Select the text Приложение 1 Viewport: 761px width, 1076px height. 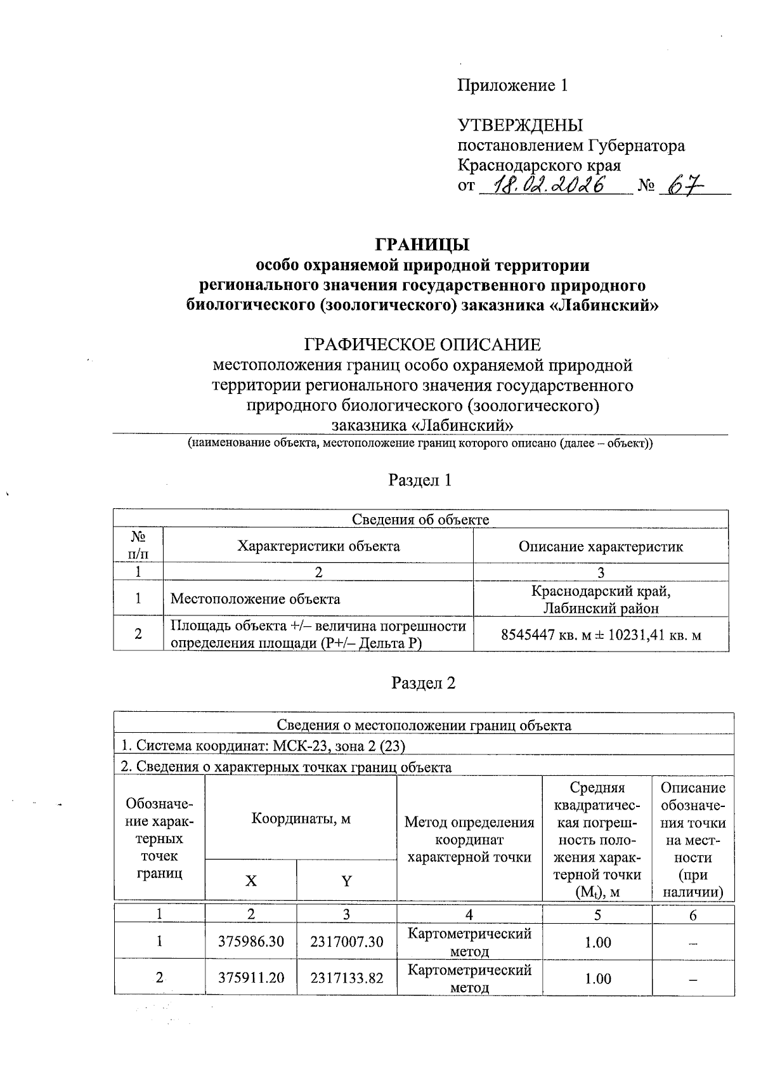[x=512, y=85]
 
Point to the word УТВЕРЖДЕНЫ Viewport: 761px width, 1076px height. [x=520, y=125]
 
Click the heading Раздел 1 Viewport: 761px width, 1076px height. [x=420, y=480]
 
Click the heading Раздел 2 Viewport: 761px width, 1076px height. [x=423, y=683]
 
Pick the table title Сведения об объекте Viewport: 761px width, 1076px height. [x=420, y=520]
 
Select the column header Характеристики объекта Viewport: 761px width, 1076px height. [x=318, y=546]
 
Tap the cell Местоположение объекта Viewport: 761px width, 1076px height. [x=256, y=599]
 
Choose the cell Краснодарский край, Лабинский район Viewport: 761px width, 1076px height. [x=601, y=600]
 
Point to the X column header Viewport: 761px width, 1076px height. [x=251, y=881]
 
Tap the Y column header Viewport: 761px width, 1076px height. [x=347, y=881]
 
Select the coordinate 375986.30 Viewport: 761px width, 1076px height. [x=251, y=941]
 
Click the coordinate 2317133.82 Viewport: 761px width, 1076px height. [x=347, y=978]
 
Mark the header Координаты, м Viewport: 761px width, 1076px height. [x=301, y=818]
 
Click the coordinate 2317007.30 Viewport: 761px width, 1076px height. [x=347, y=941]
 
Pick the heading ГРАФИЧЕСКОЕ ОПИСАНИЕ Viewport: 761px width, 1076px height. [x=422, y=345]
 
